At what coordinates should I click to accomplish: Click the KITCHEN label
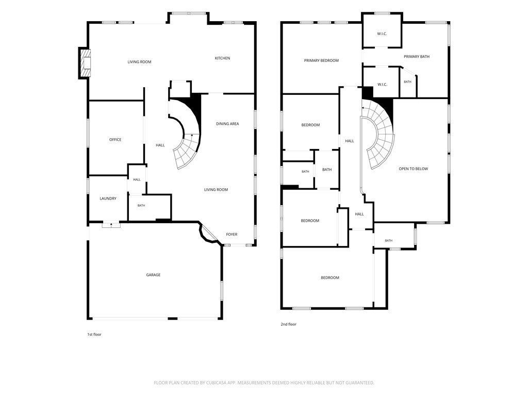222,58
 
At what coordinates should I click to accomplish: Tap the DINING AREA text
227,124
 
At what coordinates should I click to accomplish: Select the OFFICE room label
115,139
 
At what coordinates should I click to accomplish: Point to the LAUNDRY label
108,199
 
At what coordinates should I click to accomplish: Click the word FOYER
232,235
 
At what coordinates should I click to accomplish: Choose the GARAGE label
153,275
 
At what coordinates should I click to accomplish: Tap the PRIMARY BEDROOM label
321,61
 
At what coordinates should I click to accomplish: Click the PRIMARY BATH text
417,57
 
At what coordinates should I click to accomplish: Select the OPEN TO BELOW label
413,169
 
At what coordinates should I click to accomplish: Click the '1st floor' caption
94,334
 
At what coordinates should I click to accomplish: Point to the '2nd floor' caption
289,324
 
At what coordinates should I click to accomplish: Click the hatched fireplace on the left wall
85,63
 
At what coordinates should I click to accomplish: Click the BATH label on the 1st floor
141,205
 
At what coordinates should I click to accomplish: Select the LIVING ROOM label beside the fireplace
139,62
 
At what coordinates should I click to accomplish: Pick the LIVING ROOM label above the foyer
216,190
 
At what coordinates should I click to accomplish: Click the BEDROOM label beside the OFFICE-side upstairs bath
310,125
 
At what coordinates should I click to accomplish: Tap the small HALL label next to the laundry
137,179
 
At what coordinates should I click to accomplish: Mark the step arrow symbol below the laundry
111,225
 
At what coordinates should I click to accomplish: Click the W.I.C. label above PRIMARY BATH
382,34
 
